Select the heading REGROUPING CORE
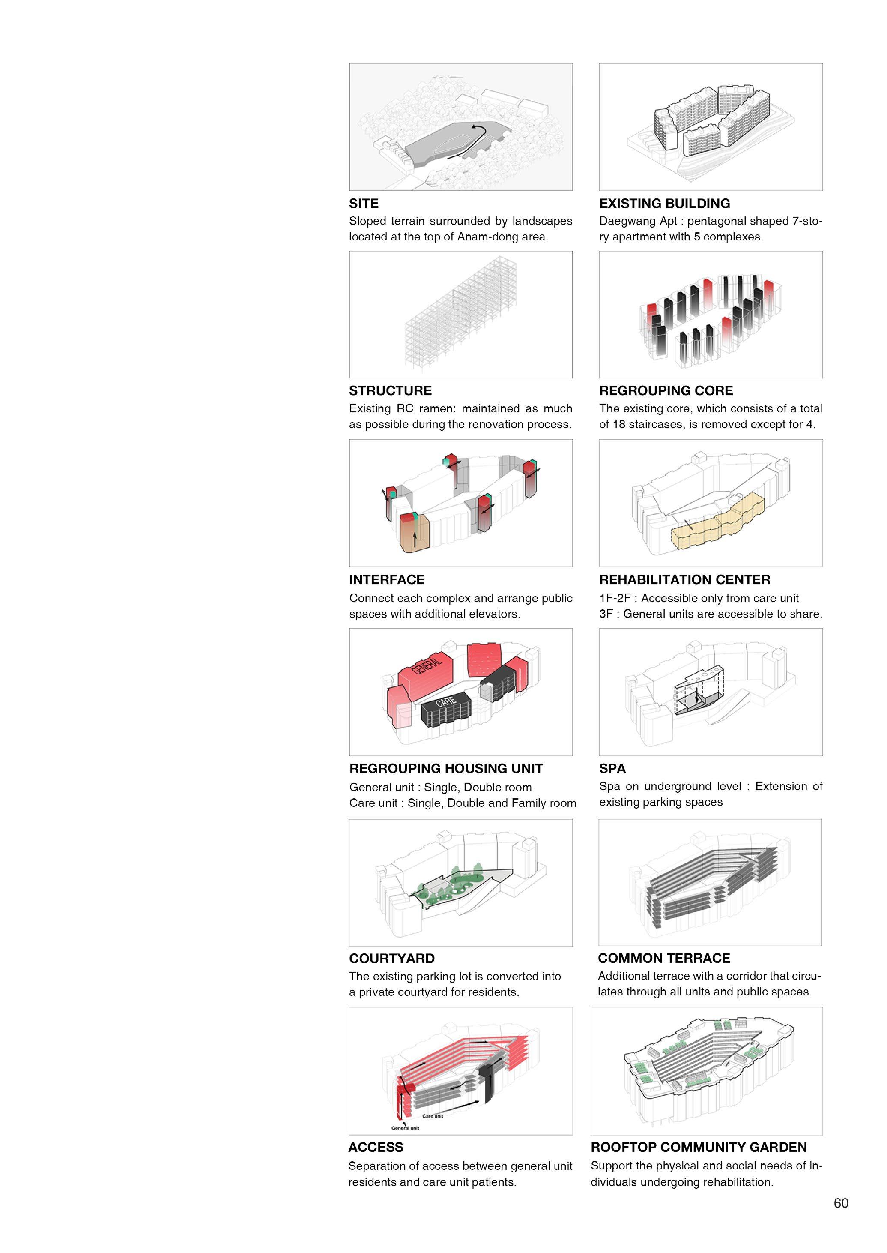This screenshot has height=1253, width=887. coord(666,391)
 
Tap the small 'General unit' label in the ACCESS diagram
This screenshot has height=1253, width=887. coord(405,1128)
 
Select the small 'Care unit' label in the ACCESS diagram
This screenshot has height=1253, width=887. coord(433,1116)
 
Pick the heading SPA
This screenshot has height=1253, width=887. coord(612,768)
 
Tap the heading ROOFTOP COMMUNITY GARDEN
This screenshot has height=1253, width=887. coord(699,1147)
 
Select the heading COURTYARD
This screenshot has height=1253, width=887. coord(391,959)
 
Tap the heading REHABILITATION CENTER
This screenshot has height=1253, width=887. coord(684,580)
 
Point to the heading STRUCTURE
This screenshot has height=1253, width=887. coord(390,391)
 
